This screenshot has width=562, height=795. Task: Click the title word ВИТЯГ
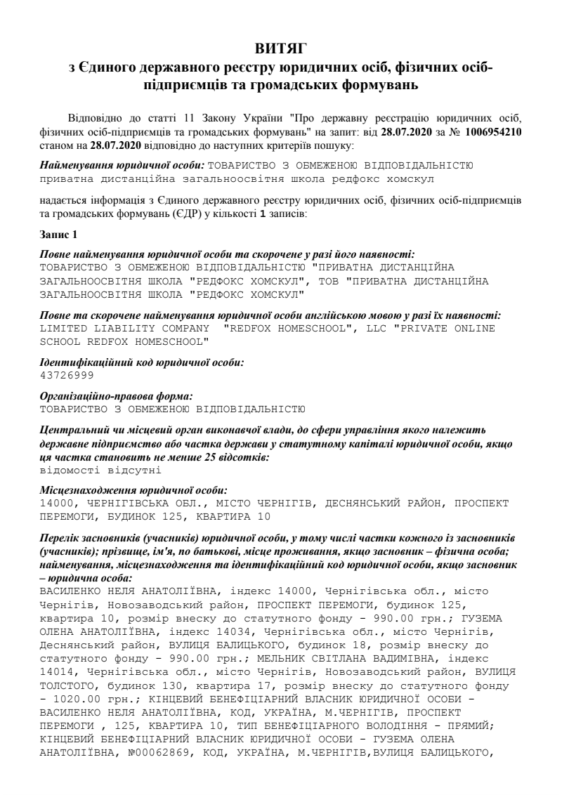280,49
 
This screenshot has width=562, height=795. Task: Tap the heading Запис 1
58,232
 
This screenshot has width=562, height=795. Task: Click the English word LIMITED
65,328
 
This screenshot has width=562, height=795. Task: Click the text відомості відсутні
92,470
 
